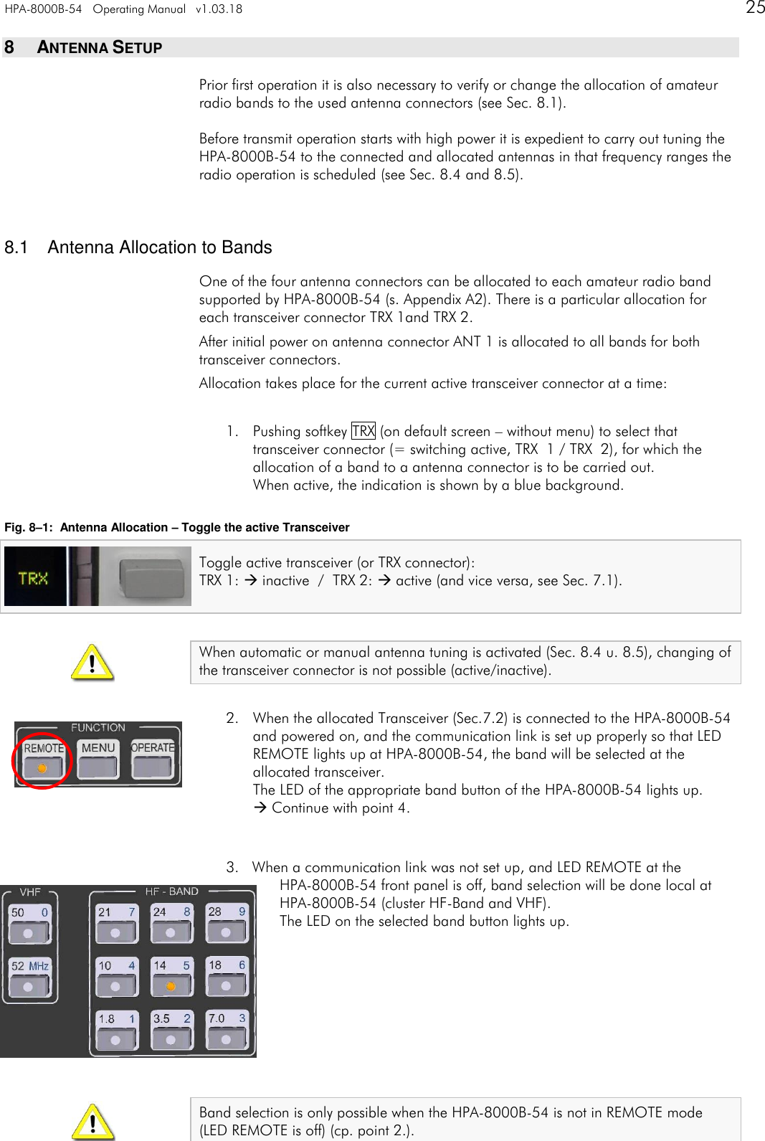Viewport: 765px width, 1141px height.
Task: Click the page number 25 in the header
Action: point(755,8)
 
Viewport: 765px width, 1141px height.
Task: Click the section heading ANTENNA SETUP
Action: point(99,47)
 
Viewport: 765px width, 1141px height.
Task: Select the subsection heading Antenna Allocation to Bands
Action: point(159,247)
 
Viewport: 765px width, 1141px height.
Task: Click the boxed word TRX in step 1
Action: point(364,431)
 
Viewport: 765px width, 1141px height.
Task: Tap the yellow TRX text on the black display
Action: point(33,577)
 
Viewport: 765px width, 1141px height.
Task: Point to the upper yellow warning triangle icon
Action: point(92,663)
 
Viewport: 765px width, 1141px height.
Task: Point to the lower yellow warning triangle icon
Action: point(92,1122)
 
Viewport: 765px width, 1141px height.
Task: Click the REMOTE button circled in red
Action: point(43,759)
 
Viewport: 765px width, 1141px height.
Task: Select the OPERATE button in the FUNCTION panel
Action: point(153,759)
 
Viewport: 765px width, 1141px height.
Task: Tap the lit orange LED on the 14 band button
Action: point(171,987)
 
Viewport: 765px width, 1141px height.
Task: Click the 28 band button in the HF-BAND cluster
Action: point(226,924)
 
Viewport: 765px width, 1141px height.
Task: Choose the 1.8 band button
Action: point(116,1030)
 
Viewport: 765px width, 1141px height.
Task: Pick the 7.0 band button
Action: point(226,1030)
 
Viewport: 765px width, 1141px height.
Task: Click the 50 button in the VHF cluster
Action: point(29,924)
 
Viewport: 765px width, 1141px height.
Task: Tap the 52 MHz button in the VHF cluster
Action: point(29,977)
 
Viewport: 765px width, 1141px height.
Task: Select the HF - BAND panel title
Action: point(171,891)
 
